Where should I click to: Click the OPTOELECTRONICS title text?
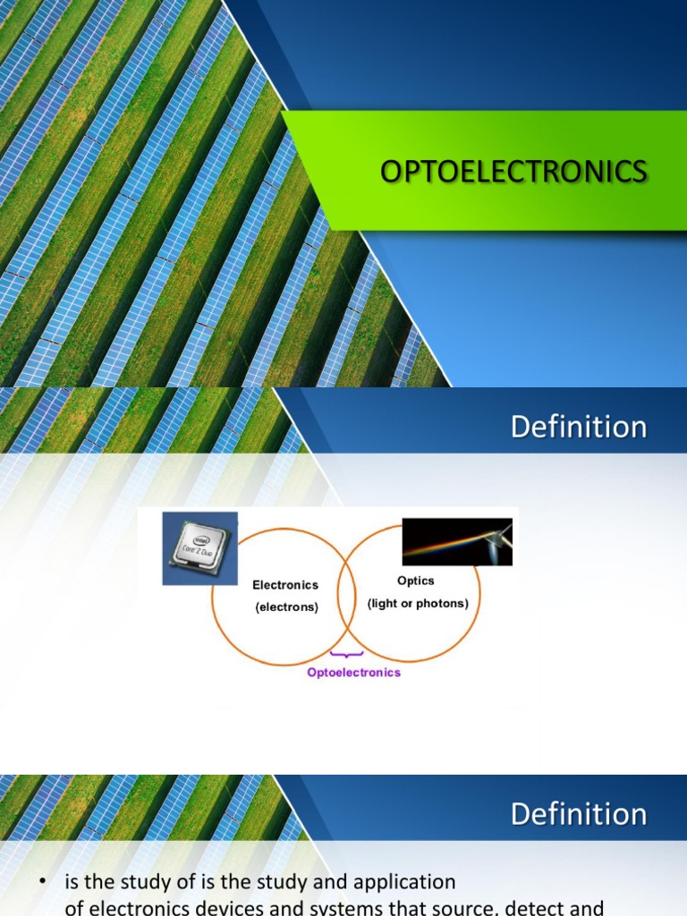tap(513, 171)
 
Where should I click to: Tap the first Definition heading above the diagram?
tap(578, 427)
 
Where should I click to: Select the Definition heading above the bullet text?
tap(578, 814)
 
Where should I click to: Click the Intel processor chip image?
tap(199, 548)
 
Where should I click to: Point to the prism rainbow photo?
tap(457, 541)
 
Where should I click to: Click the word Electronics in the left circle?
tap(285, 585)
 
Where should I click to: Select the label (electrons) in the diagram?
tap(285, 606)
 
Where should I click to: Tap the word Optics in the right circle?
tap(416, 581)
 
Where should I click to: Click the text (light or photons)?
tap(418, 603)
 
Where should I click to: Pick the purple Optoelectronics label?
tap(353, 672)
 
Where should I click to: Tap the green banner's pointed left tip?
tap(284, 114)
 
